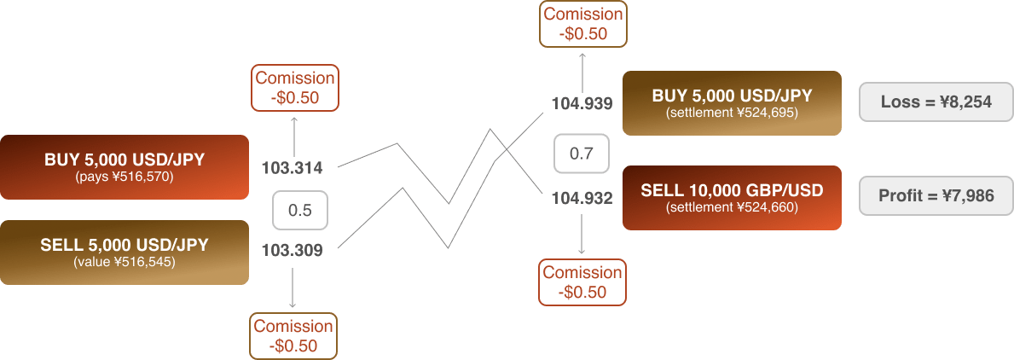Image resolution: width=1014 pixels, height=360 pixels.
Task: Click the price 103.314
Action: click(x=292, y=167)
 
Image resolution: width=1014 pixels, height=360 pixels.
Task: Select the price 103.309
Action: click(x=292, y=251)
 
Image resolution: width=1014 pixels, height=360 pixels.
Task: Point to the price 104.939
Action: click(x=582, y=104)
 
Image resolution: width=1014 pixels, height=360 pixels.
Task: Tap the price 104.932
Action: click(x=582, y=199)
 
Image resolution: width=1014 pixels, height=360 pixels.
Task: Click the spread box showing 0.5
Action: click(x=299, y=210)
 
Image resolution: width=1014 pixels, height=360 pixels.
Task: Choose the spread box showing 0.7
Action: click(x=582, y=154)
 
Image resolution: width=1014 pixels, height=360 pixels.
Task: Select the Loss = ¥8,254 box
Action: click(x=936, y=102)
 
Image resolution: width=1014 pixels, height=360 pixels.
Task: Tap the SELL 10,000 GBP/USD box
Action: click(x=732, y=197)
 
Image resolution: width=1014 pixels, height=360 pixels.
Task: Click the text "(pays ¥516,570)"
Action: click(x=125, y=177)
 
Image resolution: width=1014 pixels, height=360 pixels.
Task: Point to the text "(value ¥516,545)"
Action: click(x=125, y=262)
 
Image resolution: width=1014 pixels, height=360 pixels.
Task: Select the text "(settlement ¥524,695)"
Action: click(x=732, y=112)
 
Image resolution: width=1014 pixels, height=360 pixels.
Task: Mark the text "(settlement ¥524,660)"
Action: click(x=732, y=207)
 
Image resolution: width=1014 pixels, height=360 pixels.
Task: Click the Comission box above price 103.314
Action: click(x=294, y=88)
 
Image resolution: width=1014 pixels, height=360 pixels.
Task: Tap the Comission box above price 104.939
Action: click(x=583, y=23)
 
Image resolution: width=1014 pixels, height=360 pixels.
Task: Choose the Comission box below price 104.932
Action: click(x=583, y=282)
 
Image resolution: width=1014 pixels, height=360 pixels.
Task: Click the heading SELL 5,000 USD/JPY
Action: click(x=125, y=246)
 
